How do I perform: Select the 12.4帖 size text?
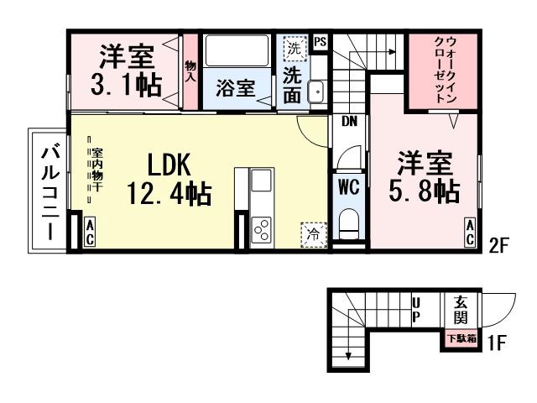[x=169, y=194]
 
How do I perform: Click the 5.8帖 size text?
[x=425, y=191]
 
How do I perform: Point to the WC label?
[x=348, y=188]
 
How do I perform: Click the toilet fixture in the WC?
[x=348, y=224]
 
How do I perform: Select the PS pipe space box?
[x=320, y=41]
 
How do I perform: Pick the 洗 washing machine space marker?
[x=294, y=48]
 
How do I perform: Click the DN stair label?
[x=349, y=121]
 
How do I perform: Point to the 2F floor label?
[x=500, y=246]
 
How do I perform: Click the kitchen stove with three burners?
[x=261, y=229]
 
